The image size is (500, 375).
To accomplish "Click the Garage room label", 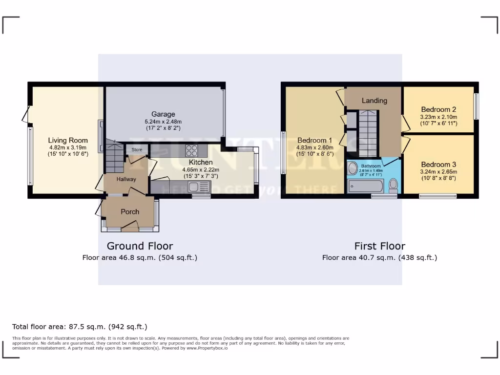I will pos(163,114).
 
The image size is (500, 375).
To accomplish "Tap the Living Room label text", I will pos(68,140).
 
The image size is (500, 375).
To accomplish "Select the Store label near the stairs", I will pos(137,150).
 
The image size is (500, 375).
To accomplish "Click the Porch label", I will pos(130,211).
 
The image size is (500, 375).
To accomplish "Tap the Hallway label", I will pos(126,179).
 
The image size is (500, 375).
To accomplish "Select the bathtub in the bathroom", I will pos(365,186).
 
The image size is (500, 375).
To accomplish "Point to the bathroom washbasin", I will pos(353,168).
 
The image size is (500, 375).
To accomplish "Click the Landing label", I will pos(374,101).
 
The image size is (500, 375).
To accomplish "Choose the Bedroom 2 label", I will pos(438,109).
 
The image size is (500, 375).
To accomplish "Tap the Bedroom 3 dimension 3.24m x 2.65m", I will pos(438,171).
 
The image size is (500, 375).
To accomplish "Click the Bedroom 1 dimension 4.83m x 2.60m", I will pos(315,147).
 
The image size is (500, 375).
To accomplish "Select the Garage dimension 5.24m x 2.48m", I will pos(163,122).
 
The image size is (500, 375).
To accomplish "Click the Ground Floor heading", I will pos(140,246).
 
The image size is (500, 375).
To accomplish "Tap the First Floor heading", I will pos(379,246).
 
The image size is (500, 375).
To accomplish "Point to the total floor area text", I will pos(80,327).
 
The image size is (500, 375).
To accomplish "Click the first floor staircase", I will pos(367,127).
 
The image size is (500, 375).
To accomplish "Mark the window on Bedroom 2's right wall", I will pos(476,106).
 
